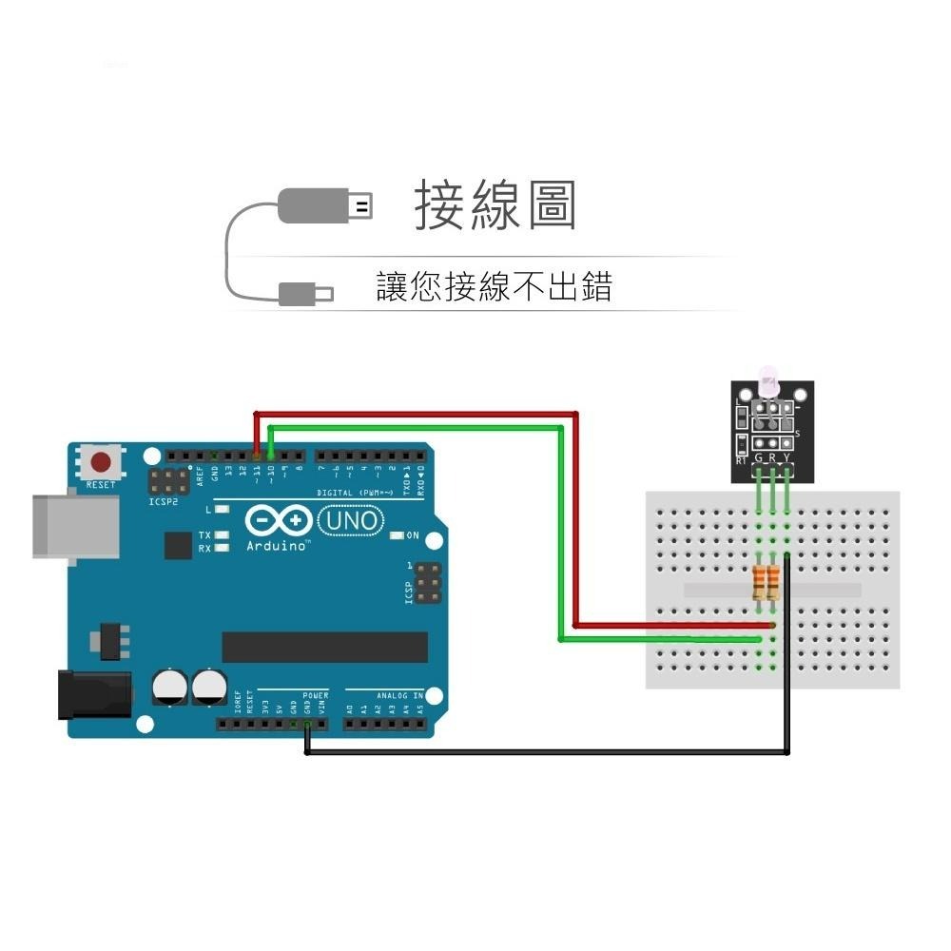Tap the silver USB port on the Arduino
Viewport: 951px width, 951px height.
click(x=76, y=525)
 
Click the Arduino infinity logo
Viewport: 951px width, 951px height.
click(x=279, y=521)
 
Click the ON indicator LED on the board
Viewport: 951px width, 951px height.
click(x=398, y=535)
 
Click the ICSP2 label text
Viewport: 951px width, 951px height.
click(x=163, y=500)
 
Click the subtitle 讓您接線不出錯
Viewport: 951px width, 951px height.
click(x=494, y=286)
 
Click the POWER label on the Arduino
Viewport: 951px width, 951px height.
click(x=315, y=696)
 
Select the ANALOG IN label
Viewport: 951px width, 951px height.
click(x=399, y=696)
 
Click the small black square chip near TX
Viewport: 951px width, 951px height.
click(x=177, y=545)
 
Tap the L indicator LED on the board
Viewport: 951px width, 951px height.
click(x=221, y=510)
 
